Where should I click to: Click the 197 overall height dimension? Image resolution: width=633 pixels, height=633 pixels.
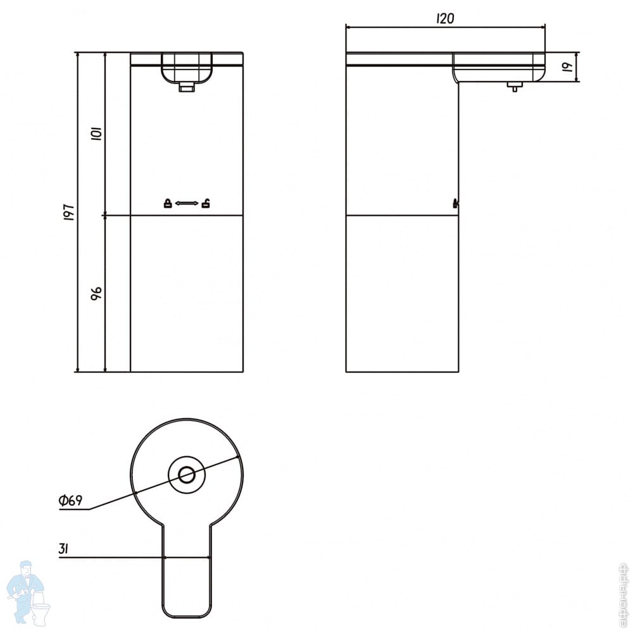69,211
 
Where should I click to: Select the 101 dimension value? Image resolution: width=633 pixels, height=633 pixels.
97,133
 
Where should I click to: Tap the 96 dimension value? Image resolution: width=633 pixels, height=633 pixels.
96,294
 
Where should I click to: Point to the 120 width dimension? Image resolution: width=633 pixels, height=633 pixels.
445,18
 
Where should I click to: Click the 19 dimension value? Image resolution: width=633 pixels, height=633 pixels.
568,66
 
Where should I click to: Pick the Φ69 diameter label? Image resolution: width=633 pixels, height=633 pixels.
70,501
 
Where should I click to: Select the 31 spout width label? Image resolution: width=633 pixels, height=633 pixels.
63,549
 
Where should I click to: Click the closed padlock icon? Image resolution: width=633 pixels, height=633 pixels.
168,203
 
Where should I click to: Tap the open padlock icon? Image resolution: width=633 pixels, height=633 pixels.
206,203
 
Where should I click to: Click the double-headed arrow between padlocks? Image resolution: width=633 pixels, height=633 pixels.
187,203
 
